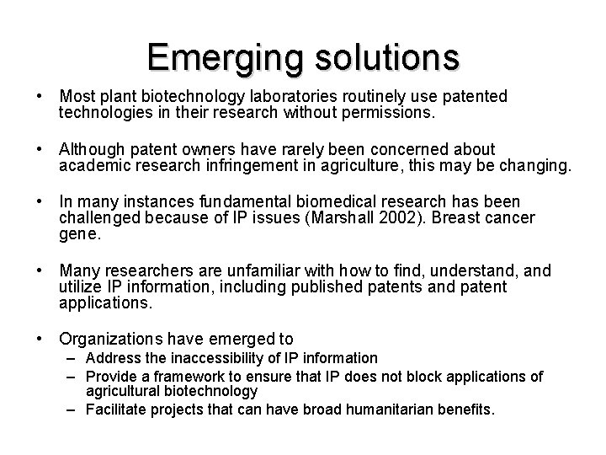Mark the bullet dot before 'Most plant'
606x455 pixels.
41,98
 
